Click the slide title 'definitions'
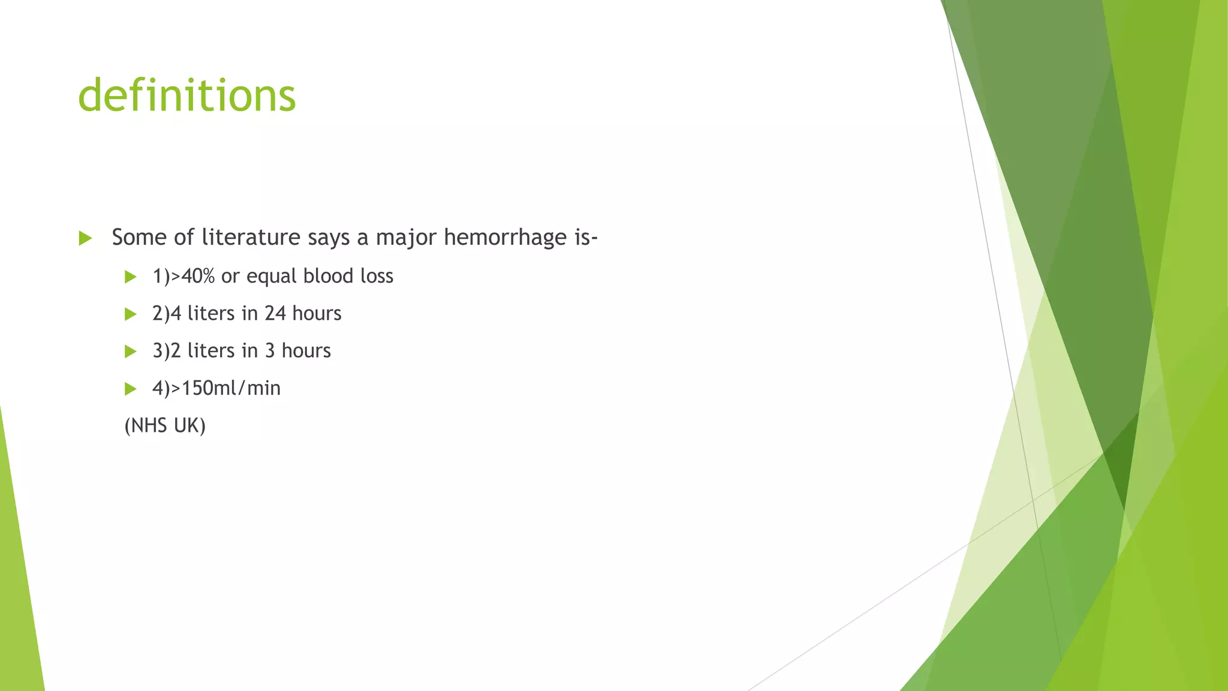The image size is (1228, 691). pos(186,95)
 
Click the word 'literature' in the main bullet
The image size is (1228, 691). pos(251,238)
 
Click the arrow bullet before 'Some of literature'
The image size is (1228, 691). pos(85,238)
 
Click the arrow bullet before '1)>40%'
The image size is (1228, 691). pos(131,277)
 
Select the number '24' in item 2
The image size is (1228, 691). pos(275,313)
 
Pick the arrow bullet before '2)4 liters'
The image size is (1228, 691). pos(131,314)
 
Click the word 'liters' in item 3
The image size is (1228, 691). pos(211,350)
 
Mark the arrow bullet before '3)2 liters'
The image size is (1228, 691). pos(131,351)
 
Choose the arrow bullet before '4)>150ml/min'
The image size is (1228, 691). pos(131,389)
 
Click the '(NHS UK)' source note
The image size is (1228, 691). pos(165,425)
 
